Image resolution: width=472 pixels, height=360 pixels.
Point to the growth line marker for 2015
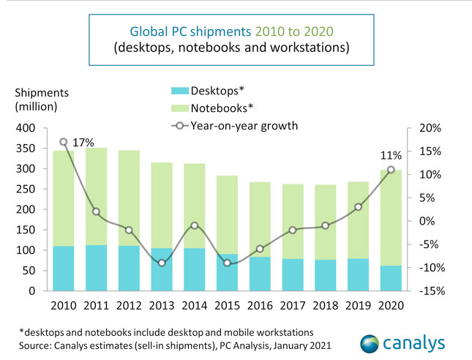(x=227, y=263)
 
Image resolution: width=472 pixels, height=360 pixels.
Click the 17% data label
(x=83, y=143)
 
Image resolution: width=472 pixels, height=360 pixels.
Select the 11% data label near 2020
(x=391, y=155)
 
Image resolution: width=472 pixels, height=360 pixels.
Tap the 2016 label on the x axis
(x=260, y=304)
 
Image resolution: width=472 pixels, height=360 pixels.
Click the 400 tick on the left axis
(x=25, y=128)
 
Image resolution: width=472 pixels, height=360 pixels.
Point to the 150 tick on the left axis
(x=25, y=230)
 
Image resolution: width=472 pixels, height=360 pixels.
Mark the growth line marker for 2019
(x=358, y=207)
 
